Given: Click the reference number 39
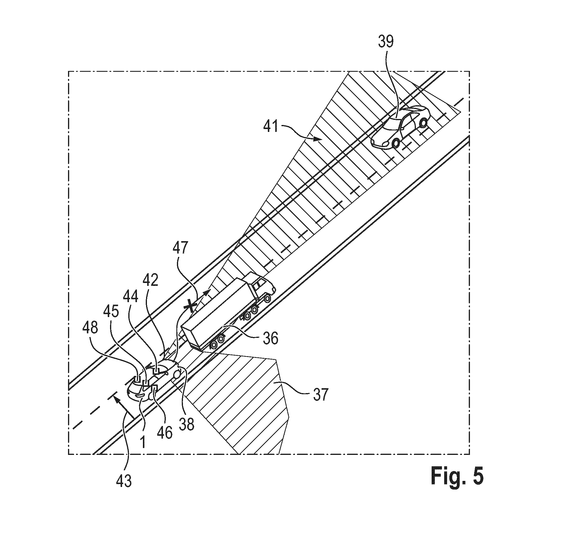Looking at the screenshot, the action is coord(386,42).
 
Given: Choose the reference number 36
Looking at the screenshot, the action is coord(271,338).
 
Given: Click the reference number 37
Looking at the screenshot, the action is coord(319,394).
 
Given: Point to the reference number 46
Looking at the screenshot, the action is coord(164,432).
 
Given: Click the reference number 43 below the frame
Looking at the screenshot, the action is coord(124,481).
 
